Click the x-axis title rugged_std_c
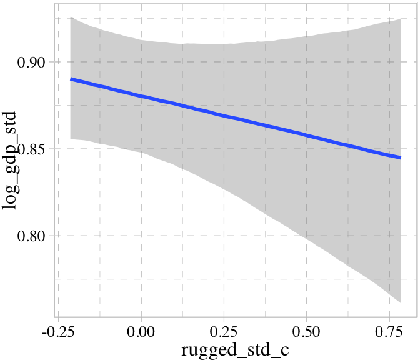[x=236, y=349]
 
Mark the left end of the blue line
[x=71, y=79]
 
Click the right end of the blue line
[x=401, y=157]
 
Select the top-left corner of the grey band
[x=71, y=17]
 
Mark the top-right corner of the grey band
[x=401, y=19]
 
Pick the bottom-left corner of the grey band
[x=71, y=138]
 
